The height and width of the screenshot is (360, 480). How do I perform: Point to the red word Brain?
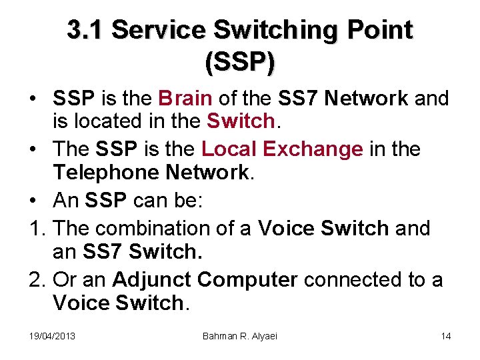click(185, 99)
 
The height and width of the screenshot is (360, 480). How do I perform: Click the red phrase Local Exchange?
click(282, 149)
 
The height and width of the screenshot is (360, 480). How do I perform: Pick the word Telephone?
click(105, 173)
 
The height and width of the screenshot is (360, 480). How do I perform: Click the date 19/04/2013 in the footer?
click(53, 335)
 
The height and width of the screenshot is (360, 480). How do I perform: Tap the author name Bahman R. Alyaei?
click(239, 335)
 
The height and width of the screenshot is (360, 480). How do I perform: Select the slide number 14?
click(445, 335)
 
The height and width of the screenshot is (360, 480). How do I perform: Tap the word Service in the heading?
click(159, 30)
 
